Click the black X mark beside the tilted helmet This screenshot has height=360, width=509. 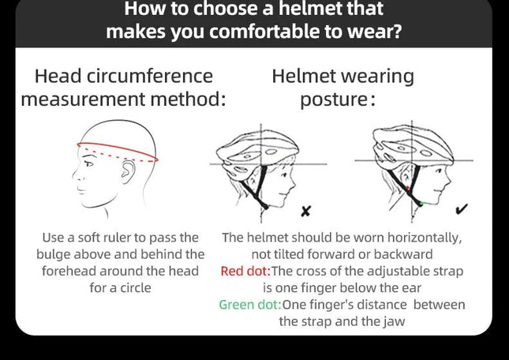pyautogui.click(x=305, y=211)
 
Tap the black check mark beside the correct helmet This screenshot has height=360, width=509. pyautogui.click(x=462, y=209)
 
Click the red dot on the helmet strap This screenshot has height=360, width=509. pyautogui.click(x=407, y=188)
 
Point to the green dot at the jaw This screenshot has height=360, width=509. pyautogui.click(x=421, y=204)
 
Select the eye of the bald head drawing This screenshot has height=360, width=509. pyautogui.click(x=88, y=163)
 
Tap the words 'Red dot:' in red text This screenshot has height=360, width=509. pyautogui.click(x=245, y=271)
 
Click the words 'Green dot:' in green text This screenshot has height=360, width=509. pyautogui.click(x=250, y=305)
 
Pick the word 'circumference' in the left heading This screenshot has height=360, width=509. pyautogui.click(x=150, y=77)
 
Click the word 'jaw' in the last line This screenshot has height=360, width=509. pyautogui.click(x=395, y=321)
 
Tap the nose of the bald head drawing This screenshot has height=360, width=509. pyautogui.click(x=75, y=176)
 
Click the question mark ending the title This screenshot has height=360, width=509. pyautogui.click(x=397, y=31)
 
